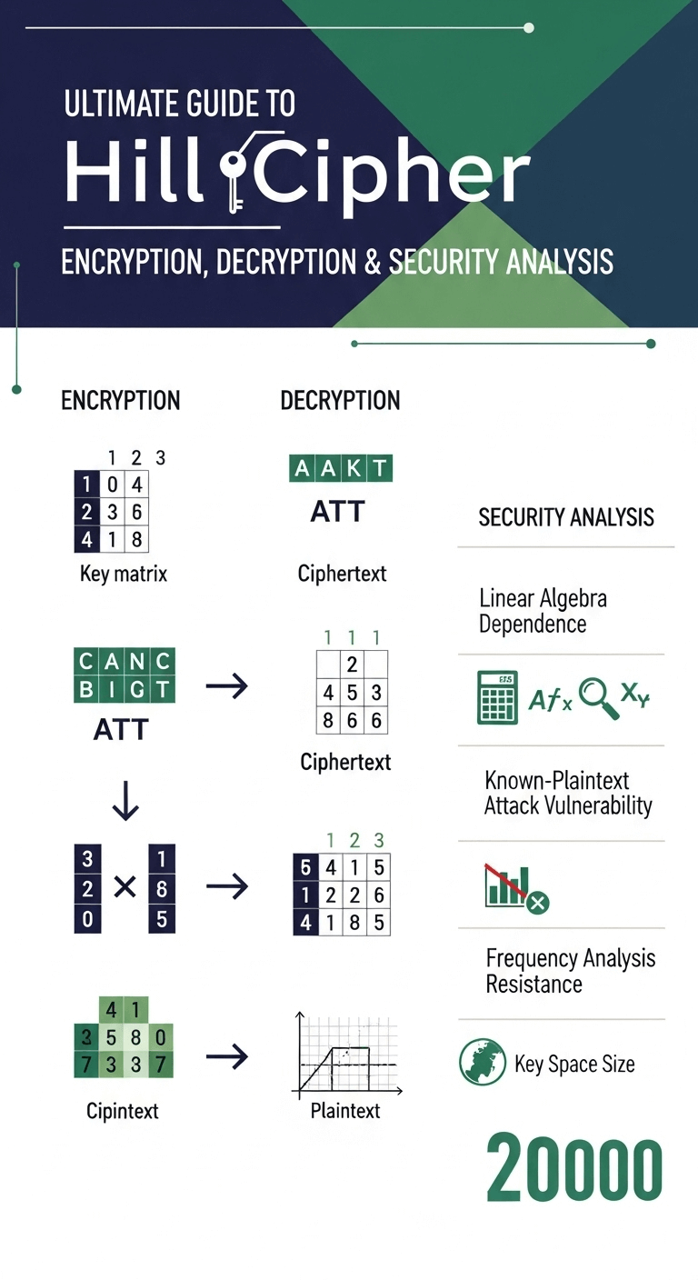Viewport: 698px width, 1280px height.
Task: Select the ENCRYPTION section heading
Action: [120, 401]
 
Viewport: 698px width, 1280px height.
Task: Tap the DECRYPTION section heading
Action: [340, 401]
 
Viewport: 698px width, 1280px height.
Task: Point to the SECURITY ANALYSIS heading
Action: [565, 518]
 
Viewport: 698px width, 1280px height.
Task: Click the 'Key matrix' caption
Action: [124, 574]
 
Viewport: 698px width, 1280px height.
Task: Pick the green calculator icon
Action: [497, 699]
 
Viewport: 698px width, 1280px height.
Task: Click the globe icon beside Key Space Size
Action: [483, 1063]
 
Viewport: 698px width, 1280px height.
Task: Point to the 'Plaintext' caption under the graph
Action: [345, 1111]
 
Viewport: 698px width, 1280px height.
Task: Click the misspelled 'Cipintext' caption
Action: [123, 1111]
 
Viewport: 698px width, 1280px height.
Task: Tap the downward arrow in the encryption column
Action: [125, 799]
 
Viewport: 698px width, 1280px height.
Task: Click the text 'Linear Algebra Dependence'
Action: [543, 611]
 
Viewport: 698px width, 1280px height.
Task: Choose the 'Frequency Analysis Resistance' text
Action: [570, 971]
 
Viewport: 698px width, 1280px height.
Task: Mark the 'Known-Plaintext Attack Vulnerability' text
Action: [568, 793]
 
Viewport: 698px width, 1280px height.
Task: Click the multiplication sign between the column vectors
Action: [125, 887]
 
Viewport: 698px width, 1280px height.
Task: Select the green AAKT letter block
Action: [340, 469]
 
